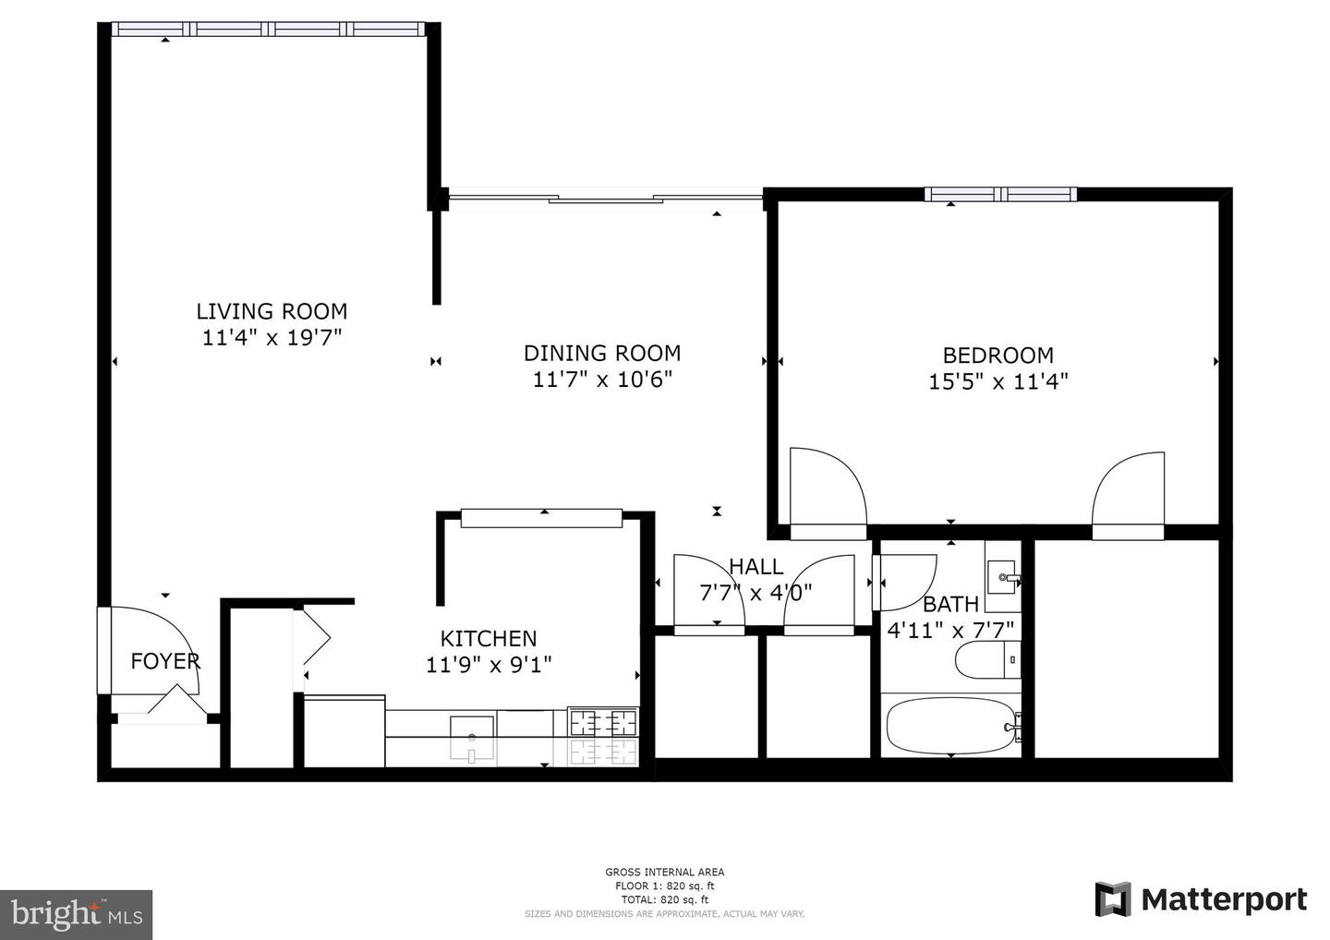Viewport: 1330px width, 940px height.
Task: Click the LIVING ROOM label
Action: [x=272, y=311]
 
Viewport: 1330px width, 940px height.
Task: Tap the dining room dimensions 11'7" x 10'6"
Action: [x=602, y=380]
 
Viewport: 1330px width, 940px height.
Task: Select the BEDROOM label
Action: [x=997, y=356]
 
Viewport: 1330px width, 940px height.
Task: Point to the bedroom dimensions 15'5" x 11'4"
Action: [x=997, y=381]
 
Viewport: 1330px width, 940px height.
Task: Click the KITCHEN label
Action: [x=488, y=638]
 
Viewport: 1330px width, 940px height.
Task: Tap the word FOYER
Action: [x=165, y=661]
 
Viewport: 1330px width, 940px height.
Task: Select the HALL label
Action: [x=756, y=567]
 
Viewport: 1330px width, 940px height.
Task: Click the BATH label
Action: [x=950, y=605]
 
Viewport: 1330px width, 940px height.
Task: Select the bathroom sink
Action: [x=1001, y=577]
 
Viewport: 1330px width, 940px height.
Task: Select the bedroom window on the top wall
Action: [x=1001, y=194]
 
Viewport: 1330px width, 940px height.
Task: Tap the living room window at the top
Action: [x=269, y=30]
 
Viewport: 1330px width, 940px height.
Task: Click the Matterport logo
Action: [x=1201, y=899]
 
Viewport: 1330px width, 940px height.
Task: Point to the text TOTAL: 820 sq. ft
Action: [x=664, y=899]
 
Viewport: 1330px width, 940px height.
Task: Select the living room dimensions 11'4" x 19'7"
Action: [x=272, y=338]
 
